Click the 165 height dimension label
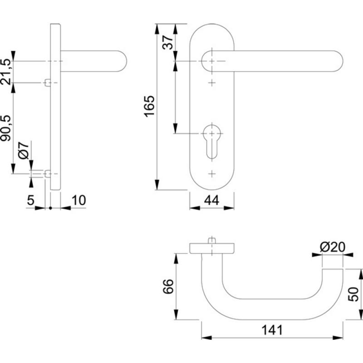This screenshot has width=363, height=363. pos(149,106)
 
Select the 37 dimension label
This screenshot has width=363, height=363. pos(168,42)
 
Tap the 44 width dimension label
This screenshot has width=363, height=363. pos(211,201)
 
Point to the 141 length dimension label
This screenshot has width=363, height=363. pos(272,330)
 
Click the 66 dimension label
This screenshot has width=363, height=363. pos(168,286)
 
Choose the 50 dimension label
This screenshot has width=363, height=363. pos(353,294)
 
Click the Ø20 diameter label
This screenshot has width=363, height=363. pos(333,247)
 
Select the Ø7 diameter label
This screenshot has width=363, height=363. pos(24,150)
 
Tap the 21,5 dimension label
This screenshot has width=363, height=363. pos(5,72)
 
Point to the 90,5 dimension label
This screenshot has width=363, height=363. pos(5,128)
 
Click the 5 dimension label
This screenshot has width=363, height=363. pos(30,200)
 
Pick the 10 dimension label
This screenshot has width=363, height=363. pos(78,201)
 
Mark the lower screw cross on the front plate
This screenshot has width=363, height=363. pos(212,174)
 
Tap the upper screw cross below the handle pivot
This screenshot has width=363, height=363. pos(212,83)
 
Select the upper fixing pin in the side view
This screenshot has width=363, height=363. pos(48,83)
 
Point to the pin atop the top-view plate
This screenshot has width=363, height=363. pos(212,240)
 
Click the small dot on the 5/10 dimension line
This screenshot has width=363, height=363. pos(50,208)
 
